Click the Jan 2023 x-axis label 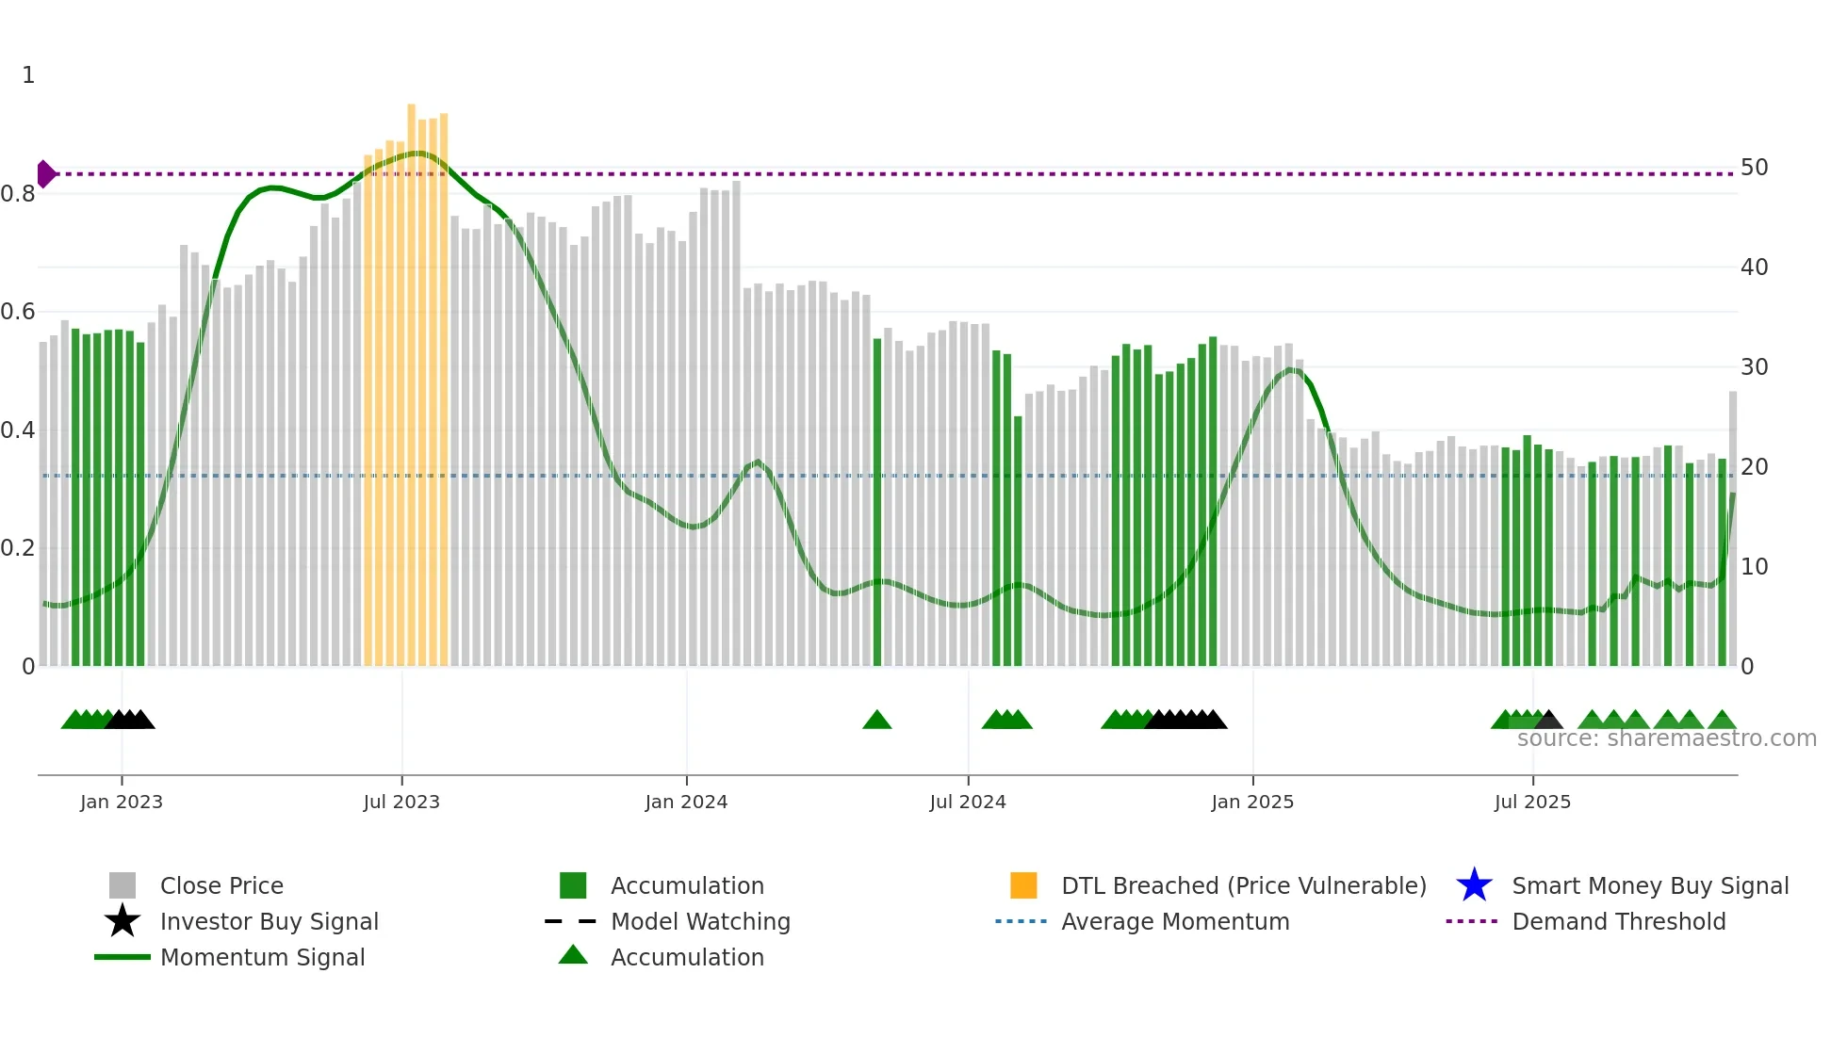(121, 802)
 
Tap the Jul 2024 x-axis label (968, 802)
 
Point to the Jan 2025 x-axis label (1252, 802)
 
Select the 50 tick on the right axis (1754, 168)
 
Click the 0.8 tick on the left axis (18, 194)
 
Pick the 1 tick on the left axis (28, 75)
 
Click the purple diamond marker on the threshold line (45, 174)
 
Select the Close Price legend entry (221, 885)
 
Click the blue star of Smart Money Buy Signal (1474, 885)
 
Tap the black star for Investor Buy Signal (123, 921)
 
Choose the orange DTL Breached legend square (1023, 885)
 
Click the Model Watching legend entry (700, 921)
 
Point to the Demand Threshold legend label (1618, 921)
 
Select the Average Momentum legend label (1175, 921)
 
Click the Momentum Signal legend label (262, 957)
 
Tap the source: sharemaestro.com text (1666, 738)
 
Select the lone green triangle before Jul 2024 (876, 721)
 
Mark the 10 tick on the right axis (1754, 567)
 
